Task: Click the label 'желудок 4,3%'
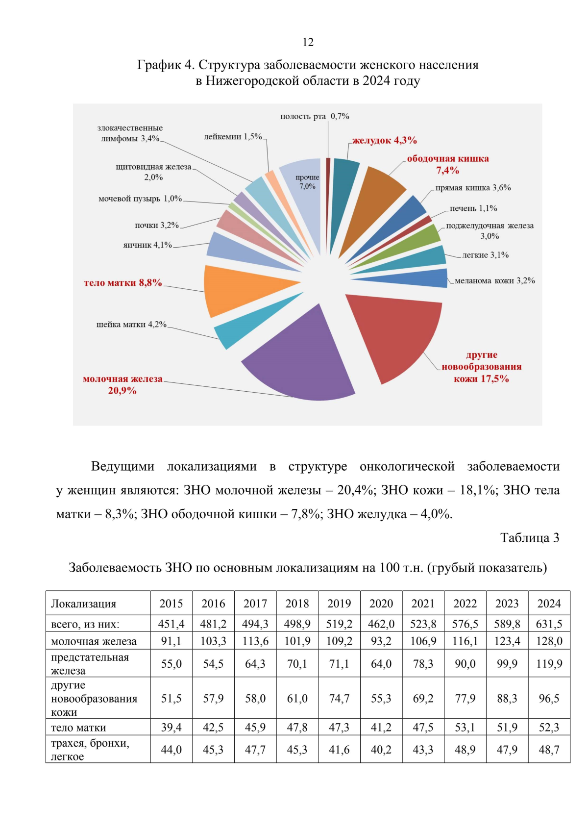(385, 140)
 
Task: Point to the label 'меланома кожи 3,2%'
(494, 281)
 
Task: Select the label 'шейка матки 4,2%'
(131, 325)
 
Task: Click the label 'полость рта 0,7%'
(315, 116)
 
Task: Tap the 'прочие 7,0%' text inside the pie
(307, 182)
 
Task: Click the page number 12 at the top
(308, 42)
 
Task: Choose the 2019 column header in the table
(339, 604)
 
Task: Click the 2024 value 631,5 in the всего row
(549, 624)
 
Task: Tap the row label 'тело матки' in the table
(78, 728)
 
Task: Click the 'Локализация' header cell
(84, 604)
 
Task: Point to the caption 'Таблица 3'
(529, 538)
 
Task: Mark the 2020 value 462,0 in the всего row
(381, 624)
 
